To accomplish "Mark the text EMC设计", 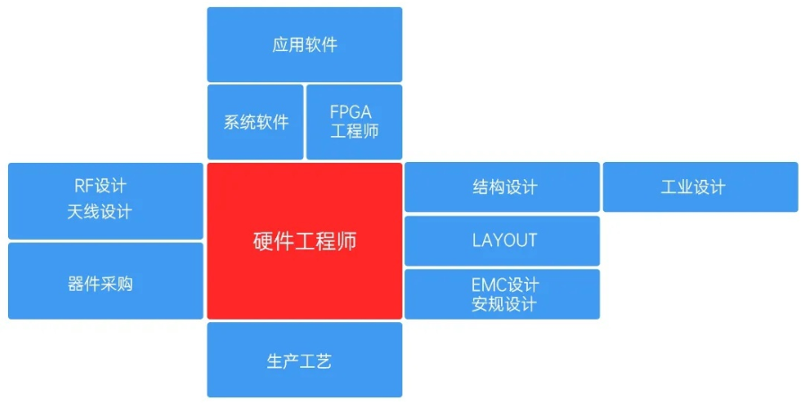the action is (505, 285).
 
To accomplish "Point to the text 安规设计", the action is (504, 304).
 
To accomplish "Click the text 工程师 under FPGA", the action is (355, 132).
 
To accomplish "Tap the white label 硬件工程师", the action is (305, 241).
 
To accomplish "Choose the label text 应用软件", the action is (305, 45).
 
